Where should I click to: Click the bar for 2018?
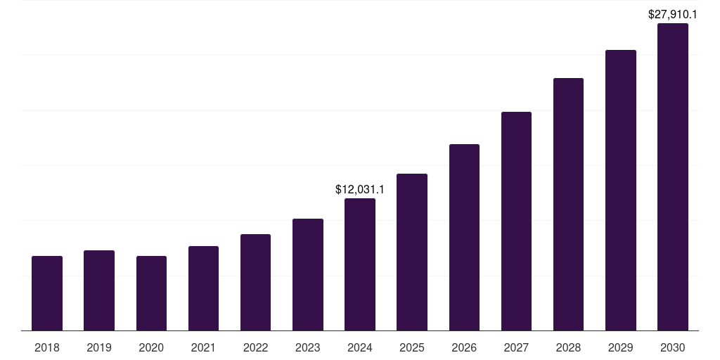pyautogui.click(x=47, y=293)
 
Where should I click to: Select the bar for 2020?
pyautogui.click(x=151, y=293)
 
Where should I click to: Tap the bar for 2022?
pyautogui.click(x=255, y=282)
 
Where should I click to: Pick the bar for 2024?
pyautogui.click(x=360, y=264)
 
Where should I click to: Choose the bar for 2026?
pyautogui.click(x=464, y=238)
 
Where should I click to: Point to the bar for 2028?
pyautogui.click(x=568, y=204)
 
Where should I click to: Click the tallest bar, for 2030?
pyautogui.click(x=673, y=177)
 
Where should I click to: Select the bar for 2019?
pyautogui.click(x=99, y=290)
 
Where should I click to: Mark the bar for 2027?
pyautogui.click(x=516, y=221)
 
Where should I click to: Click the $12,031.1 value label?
pyautogui.click(x=360, y=190)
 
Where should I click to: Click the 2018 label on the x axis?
pyautogui.click(x=47, y=347)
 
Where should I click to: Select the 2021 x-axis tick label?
pyautogui.click(x=203, y=347)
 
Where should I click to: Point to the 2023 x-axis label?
pyautogui.click(x=308, y=347)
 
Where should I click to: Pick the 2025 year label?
pyautogui.click(x=412, y=347)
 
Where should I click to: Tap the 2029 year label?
pyautogui.click(x=621, y=347)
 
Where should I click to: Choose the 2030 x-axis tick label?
pyautogui.click(x=673, y=347)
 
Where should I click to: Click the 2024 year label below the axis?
pyautogui.click(x=360, y=347)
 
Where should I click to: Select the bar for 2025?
pyautogui.click(x=412, y=252)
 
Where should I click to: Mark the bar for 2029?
pyautogui.click(x=621, y=190)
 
